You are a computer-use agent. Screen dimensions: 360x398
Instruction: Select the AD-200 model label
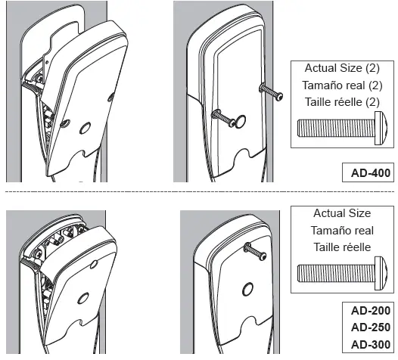[x=371, y=311]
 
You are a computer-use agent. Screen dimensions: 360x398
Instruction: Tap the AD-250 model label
[x=371, y=327]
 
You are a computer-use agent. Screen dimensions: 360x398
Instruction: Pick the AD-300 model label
[x=371, y=344]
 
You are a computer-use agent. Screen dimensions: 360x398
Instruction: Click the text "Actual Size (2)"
[x=342, y=69]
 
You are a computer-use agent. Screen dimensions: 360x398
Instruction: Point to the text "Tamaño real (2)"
[x=342, y=85]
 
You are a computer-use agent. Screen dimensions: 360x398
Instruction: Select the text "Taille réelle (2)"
[x=342, y=103]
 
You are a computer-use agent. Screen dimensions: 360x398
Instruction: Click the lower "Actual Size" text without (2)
[x=342, y=214]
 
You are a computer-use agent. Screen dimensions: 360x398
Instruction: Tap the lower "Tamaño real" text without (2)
[x=342, y=231]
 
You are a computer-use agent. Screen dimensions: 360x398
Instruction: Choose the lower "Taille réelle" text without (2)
[x=342, y=247]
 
